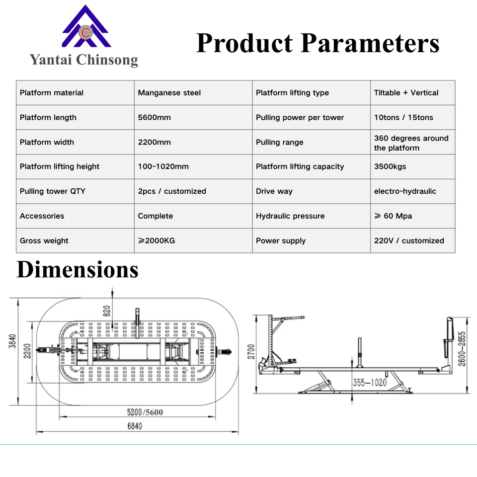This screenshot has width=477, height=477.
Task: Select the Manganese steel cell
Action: point(169,93)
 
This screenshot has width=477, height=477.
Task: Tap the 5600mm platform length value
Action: point(155,118)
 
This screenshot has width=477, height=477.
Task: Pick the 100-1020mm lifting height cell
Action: point(163,166)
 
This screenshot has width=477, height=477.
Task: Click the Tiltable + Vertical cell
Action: point(406,93)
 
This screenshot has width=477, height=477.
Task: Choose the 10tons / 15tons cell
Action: point(403,118)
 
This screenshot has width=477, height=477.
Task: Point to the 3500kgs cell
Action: point(390,166)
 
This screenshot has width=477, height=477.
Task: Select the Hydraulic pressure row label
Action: point(290,216)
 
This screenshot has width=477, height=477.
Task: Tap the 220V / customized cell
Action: point(409,240)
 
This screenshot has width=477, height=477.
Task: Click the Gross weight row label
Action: point(44,240)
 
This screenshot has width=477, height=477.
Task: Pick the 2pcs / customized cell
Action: point(172,191)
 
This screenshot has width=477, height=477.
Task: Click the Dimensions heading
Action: point(78,269)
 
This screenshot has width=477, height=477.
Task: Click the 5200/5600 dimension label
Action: point(145,412)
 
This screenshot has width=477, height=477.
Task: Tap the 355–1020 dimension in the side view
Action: point(369,383)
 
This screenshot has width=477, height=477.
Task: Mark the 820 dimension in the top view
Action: point(106,311)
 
